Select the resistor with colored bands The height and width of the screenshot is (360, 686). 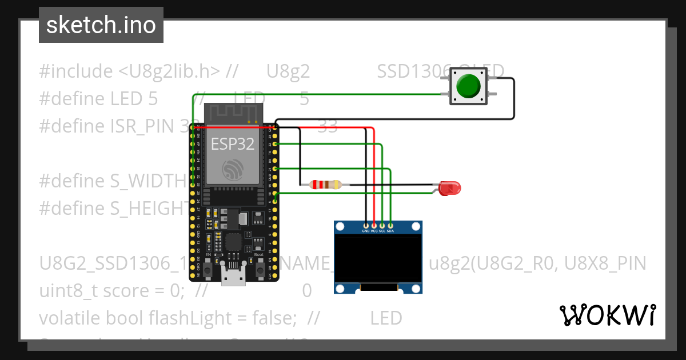pos(325,185)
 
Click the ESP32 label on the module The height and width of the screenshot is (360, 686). pos(233,143)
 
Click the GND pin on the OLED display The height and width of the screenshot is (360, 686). pos(366,225)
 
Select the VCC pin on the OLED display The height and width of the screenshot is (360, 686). pos(374,225)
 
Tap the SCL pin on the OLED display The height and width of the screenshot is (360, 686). pos(382,225)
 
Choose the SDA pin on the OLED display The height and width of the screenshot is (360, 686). pos(390,225)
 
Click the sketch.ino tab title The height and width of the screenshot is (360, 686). pos(101,25)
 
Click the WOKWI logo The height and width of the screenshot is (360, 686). pos(608,315)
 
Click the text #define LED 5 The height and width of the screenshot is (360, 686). pos(98,99)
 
